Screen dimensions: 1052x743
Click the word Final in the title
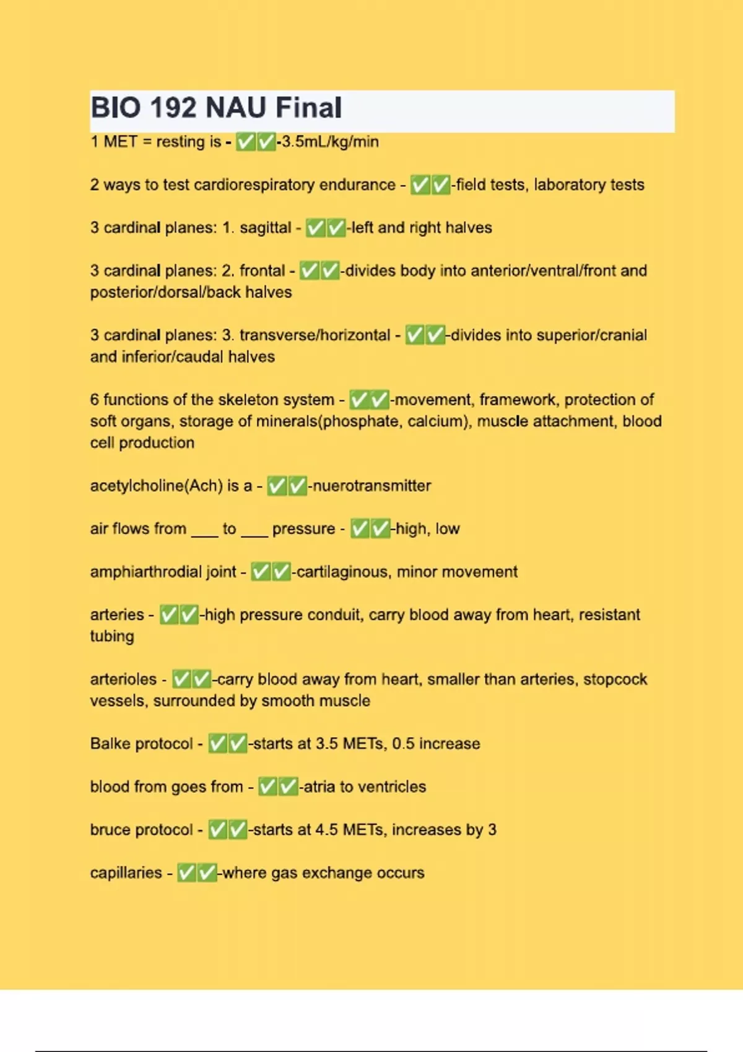click(308, 108)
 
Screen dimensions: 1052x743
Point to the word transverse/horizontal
click(315, 335)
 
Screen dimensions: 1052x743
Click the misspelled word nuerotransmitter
click(371, 486)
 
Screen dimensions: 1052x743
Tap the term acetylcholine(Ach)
click(156, 486)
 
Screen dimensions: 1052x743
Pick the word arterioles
click(123, 679)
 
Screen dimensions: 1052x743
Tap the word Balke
click(110, 744)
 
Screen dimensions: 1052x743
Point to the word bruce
click(110, 830)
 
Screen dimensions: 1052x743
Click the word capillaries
click(126, 873)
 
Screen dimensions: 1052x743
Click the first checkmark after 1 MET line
click(246, 142)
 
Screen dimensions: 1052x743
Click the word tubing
click(112, 636)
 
